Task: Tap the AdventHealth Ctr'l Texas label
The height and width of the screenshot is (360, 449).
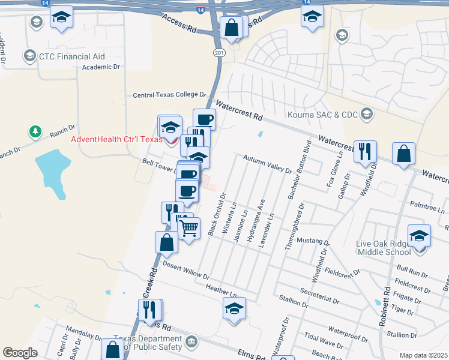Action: tap(116, 140)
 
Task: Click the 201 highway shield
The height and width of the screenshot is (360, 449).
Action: tap(218, 53)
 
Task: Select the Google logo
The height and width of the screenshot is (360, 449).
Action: tap(20, 353)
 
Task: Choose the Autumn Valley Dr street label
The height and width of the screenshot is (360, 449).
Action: tap(267, 163)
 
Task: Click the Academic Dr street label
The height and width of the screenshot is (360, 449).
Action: tap(101, 67)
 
